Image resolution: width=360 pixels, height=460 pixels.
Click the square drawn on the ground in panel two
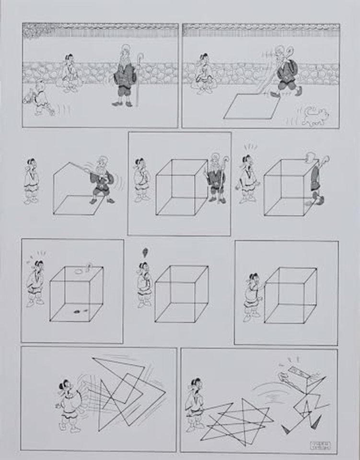[249, 106]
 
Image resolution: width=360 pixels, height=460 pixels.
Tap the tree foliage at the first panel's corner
[34, 31]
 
